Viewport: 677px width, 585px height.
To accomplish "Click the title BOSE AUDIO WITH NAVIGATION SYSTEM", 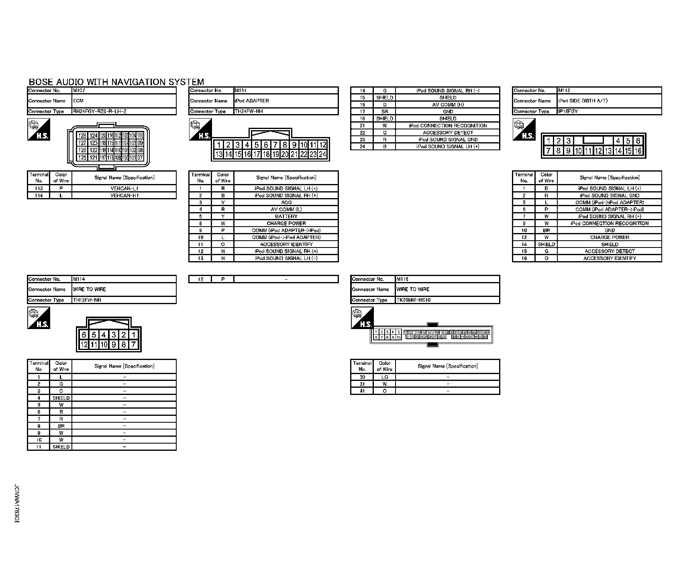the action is pos(116,82).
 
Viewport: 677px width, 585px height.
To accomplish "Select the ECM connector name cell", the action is pos(78,101).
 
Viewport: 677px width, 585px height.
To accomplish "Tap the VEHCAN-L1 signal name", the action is pos(124,188).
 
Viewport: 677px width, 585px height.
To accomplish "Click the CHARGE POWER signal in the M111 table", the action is pos(286,223).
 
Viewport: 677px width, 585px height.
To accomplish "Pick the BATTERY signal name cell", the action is pos(286,216).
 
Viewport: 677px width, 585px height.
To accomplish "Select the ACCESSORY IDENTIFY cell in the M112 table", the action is pos(609,258).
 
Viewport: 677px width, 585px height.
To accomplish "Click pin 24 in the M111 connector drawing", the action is pos(322,154).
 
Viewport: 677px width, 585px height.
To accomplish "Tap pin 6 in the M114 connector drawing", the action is pos(84,335).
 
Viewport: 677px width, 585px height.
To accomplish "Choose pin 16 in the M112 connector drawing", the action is pos(638,151).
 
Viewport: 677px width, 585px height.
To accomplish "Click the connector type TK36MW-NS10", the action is pos(413,300).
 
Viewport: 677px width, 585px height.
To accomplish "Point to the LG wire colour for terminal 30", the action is pos(384,377).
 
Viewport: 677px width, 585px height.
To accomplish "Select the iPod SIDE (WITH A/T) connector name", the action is pos(583,101).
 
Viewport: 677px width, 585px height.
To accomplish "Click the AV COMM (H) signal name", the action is pos(448,105).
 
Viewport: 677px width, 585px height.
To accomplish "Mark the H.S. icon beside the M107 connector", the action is pos(39,129).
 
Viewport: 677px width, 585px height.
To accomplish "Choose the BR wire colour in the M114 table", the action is pos(61,426).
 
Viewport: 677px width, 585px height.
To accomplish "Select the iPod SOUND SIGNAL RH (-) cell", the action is pos(448,91).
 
